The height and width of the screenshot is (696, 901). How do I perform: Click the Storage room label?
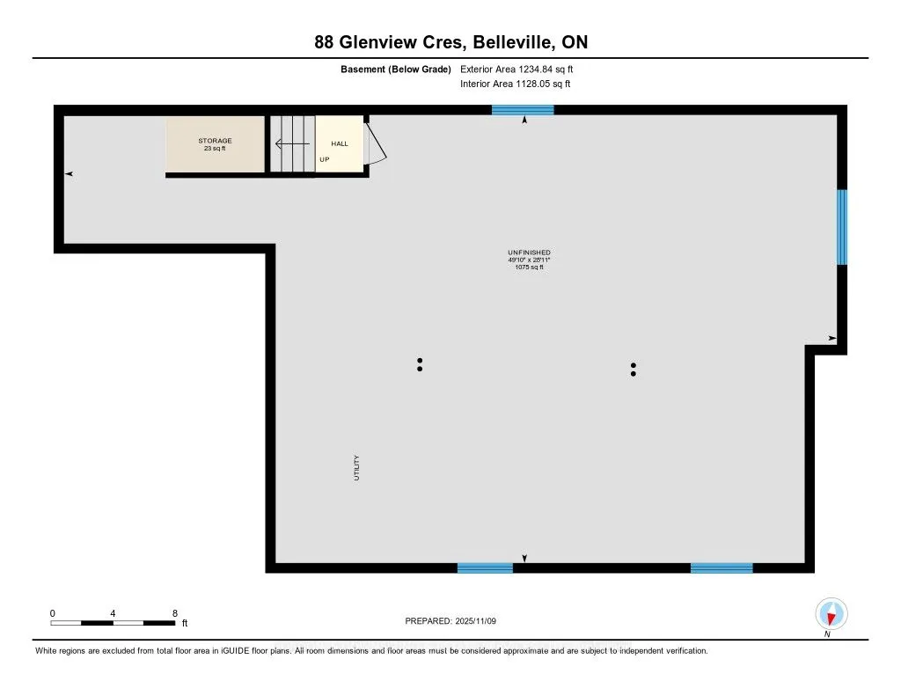[x=215, y=141]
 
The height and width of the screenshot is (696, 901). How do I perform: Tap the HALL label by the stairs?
[x=339, y=143]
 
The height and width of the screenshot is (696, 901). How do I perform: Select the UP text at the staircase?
[x=325, y=159]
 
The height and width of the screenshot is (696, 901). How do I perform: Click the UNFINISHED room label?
[x=529, y=253]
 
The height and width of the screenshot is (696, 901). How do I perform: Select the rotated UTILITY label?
[x=356, y=467]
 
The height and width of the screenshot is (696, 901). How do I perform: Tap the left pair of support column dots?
[x=420, y=364]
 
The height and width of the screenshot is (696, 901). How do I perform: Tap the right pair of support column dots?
[x=633, y=370]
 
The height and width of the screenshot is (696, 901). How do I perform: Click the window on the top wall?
[x=523, y=110]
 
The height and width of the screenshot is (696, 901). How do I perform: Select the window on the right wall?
[x=841, y=227]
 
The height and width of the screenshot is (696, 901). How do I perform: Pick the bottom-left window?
[x=485, y=568]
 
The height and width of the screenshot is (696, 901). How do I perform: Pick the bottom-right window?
[x=722, y=568]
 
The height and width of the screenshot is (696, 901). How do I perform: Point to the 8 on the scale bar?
[x=175, y=613]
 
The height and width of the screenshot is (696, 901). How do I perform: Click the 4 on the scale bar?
[x=113, y=613]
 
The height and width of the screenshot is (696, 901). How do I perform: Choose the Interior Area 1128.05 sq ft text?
[x=515, y=84]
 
